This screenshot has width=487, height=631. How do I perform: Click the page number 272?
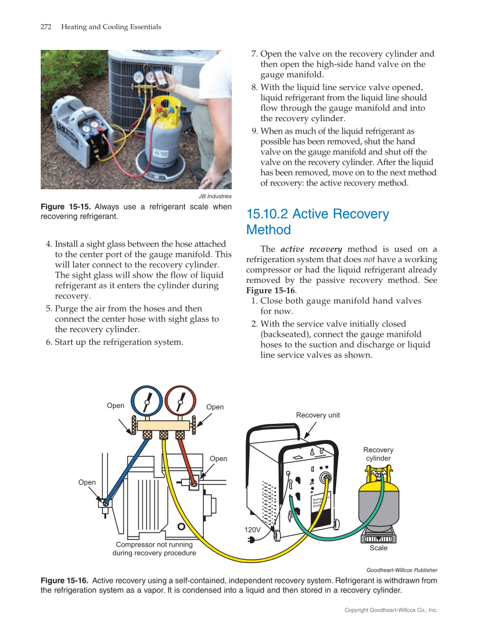coord(46,27)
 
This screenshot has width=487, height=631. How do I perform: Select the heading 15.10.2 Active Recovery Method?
coord(317,222)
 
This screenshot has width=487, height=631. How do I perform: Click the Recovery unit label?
coord(318,415)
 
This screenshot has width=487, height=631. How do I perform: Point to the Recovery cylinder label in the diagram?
coord(378,454)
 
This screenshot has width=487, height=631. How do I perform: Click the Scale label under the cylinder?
coord(378,548)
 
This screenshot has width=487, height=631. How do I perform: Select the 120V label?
coord(252,530)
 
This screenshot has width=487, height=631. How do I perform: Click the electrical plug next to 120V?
coord(251,540)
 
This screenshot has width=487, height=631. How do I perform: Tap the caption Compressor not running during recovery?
coord(154,549)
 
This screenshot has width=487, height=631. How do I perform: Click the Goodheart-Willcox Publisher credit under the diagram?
coord(402,570)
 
